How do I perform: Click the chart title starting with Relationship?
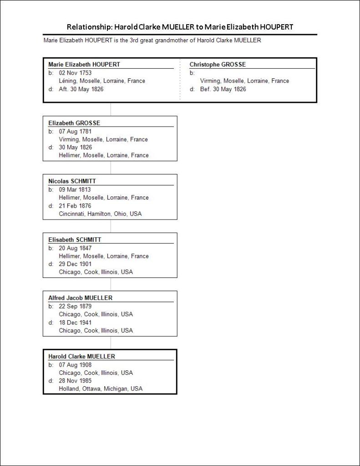tap(180, 26)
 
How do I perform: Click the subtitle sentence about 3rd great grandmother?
tap(152, 40)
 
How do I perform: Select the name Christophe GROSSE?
tap(218, 65)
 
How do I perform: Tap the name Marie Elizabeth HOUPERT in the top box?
tap(84, 65)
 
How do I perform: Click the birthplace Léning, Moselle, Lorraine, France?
tap(102, 81)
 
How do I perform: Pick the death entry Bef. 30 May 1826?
tap(223, 89)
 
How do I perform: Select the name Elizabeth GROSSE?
tap(74, 123)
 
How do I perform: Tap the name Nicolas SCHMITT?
tap(72, 181)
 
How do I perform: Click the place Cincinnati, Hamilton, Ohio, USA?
tap(100, 214)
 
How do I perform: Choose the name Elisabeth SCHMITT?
tap(75, 240)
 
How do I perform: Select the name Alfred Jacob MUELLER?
tap(80, 298)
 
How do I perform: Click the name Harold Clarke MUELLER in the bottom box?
tap(81, 356)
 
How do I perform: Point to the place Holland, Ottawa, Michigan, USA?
tap(101, 389)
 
